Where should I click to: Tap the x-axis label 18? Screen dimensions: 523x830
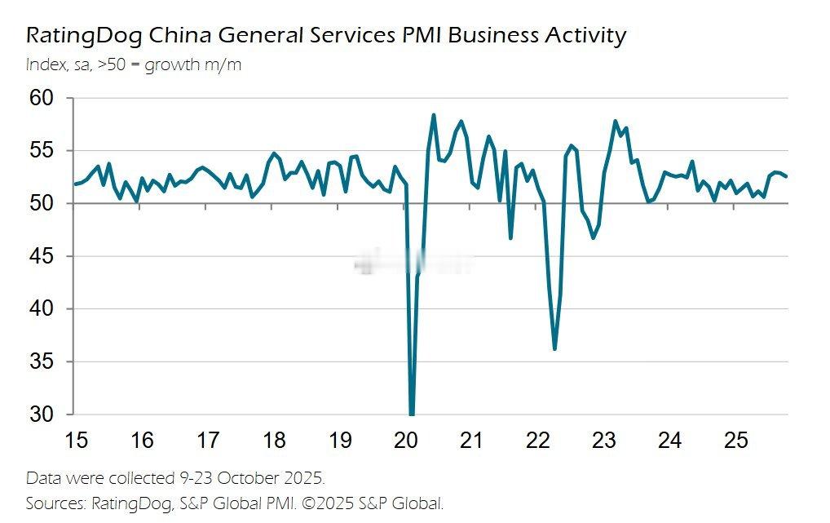tap(275, 441)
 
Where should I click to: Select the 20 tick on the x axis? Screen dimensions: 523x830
tap(406, 441)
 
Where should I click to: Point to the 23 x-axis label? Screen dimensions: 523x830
tap(604, 441)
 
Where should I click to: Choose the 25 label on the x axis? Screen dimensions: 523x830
tap(736, 441)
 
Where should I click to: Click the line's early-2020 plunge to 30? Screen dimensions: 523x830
tap(412, 412)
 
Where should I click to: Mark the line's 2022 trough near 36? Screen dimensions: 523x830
tap(554, 348)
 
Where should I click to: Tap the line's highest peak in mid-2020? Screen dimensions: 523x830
tap(433, 115)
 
